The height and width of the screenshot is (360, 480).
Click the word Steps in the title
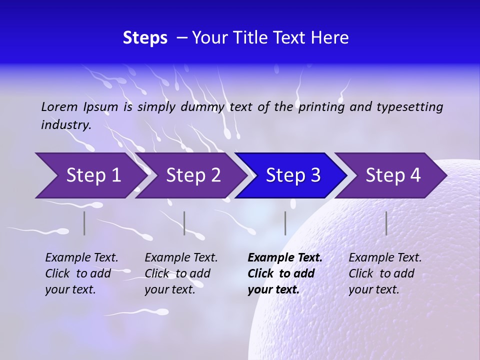(x=145, y=38)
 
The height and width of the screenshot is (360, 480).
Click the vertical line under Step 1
(x=84, y=223)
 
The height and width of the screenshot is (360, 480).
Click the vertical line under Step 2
(x=184, y=223)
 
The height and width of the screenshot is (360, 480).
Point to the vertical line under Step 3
(x=285, y=223)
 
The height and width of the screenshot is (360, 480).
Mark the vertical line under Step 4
(x=386, y=223)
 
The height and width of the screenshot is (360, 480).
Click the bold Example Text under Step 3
(x=284, y=258)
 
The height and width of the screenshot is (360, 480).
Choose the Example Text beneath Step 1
(x=81, y=258)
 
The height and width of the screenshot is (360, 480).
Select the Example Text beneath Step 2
(x=181, y=258)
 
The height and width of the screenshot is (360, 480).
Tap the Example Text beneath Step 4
(x=385, y=258)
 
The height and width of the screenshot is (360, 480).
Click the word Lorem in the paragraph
(x=59, y=106)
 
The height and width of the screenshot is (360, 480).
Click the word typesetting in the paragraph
(x=409, y=106)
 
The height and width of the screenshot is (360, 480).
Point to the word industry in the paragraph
(x=65, y=124)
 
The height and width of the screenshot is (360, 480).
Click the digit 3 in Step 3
(x=315, y=175)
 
